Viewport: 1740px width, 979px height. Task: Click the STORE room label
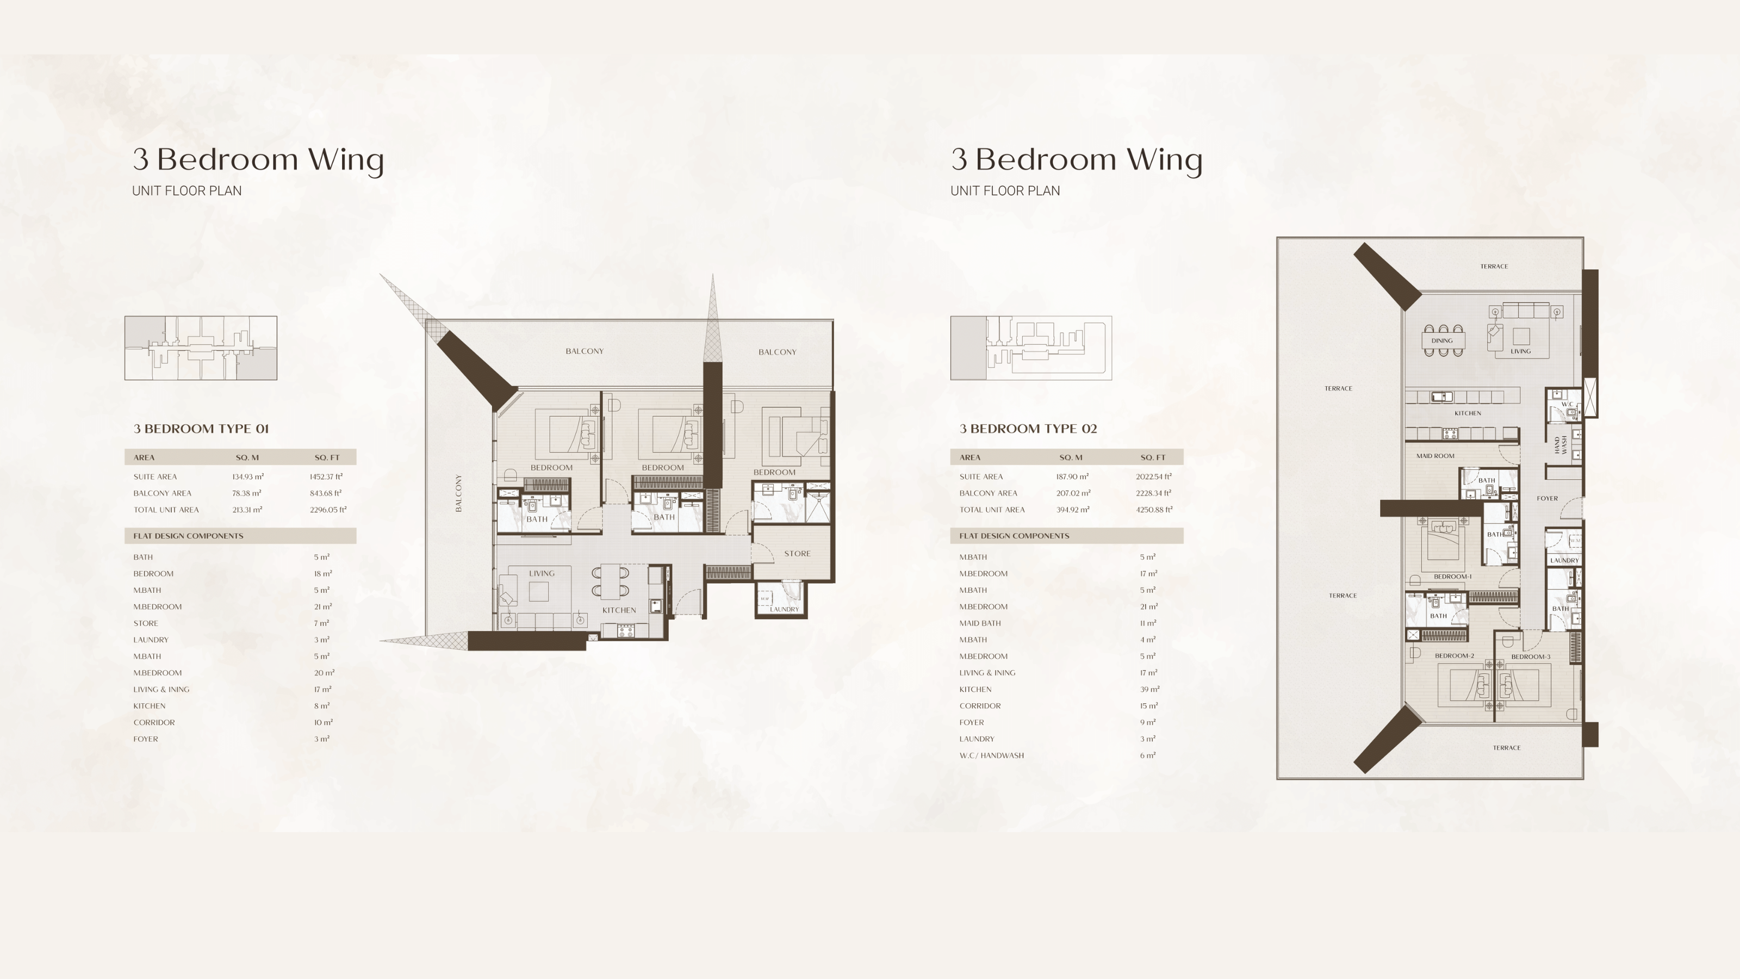pyautogui.click(x=797, y=553)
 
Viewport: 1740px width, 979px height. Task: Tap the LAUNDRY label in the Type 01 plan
pyautogui.click(x=784, y=609)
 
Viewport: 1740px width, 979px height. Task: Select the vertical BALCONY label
pyautogui.click(x=458, y=493)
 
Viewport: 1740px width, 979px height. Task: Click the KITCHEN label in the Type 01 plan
pyautogui.click(x=619, y=610)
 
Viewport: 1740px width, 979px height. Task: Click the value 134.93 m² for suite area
pyautogui.click(x=248, y=477)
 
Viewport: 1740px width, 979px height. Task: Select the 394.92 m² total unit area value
pyautogui.click(x=1073, y=510)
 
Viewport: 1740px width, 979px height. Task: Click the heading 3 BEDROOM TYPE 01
pyautogui.click(x=201, y=429)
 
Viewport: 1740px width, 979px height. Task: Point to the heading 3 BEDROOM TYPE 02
pyautogui.click(x=1028, y=429)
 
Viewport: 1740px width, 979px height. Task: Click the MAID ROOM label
pyautogui.click(x=1435, y=456)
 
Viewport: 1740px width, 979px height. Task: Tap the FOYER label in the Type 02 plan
pyautogui.click(x=1548, y=499)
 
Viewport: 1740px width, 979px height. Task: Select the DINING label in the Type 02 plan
pyautogui.click(x=1441, y=341)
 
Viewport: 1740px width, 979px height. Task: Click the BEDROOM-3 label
pyautogui.click(x=1531, y=656)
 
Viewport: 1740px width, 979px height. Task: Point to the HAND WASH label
pyautogui.click(x=1561, y=444)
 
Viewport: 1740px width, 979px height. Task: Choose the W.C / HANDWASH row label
pyautogui.click(x=992, y=755)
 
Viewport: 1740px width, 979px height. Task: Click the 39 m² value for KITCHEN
pyautogui.click(x=1149, y=689)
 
